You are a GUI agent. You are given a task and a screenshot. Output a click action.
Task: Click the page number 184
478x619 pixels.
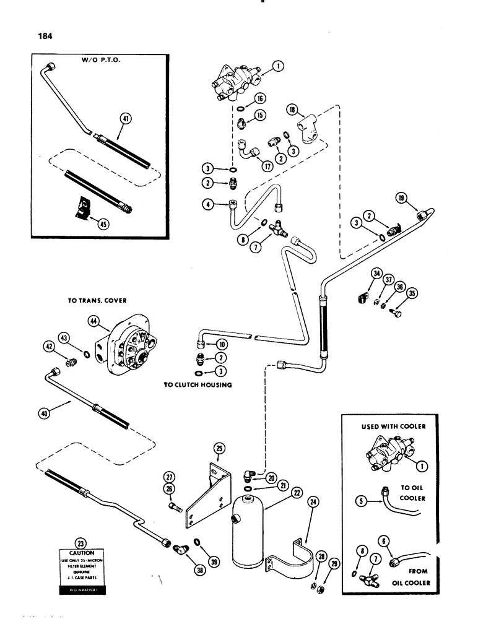(45, 35)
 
